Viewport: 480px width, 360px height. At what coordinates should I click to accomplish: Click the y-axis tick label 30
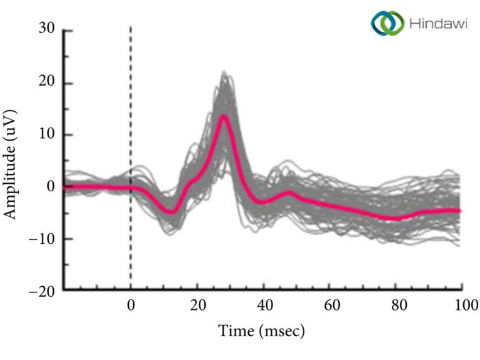coord(46,29)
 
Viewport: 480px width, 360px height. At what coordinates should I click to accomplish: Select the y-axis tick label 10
coord(46,134)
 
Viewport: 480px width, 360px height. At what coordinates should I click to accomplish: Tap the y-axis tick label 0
coord(51,186)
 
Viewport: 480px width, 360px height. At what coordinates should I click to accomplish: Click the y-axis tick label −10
coord(41,239)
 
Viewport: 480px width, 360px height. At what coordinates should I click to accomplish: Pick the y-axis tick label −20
coord(41,291)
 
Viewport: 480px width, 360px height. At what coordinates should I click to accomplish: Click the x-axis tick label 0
coord(131,306)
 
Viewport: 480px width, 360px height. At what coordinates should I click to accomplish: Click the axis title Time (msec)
coord(261,330)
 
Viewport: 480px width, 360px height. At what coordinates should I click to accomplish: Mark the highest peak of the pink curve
coord(224,116)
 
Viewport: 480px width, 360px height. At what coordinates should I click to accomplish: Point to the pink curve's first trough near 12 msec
coord(171,212)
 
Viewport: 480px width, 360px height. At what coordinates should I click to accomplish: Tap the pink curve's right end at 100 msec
coord(459,211)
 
